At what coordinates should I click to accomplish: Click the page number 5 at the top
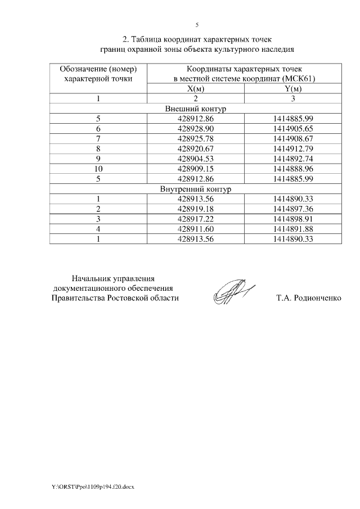197,25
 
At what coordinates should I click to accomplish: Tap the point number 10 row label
98,169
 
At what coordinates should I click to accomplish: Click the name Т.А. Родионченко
308,298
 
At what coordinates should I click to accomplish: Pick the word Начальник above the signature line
91,278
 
